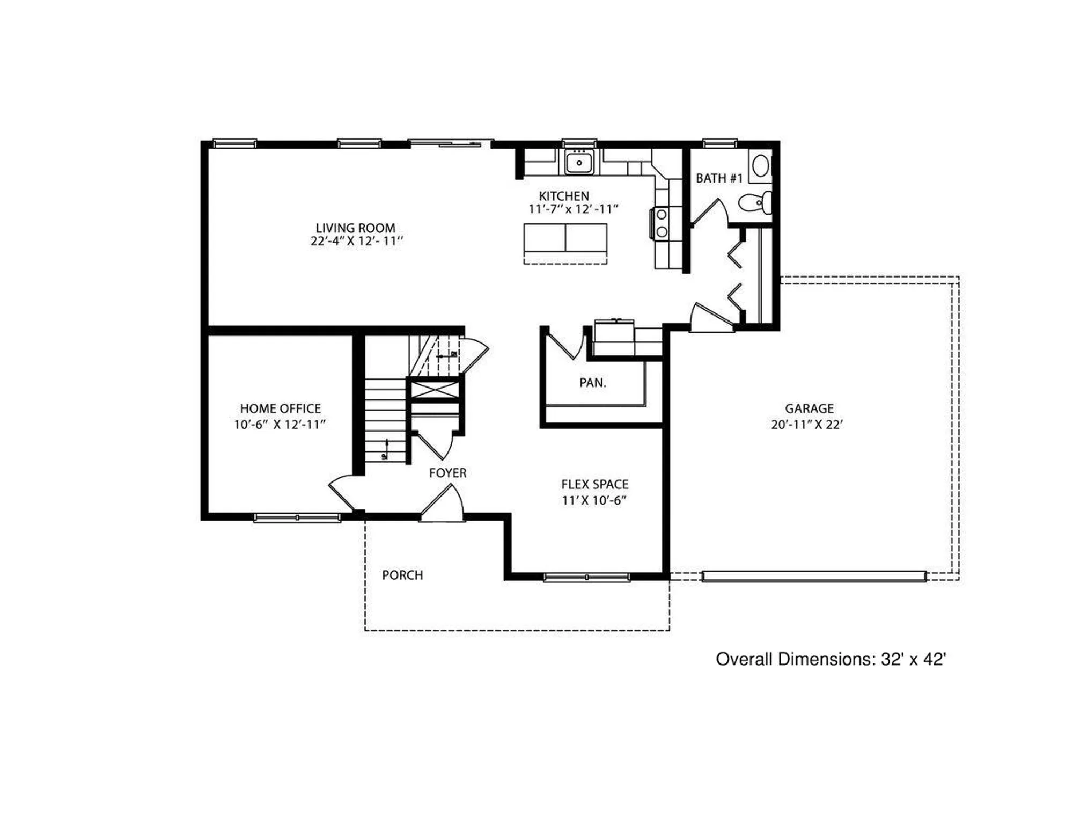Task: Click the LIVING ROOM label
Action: coord(355,228)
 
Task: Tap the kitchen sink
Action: coord(579,162)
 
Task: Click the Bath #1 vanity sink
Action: coord(760,165)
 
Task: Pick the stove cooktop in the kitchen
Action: coord(661,223)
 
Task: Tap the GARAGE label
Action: coord(809,408)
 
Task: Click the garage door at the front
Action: coord(814,577)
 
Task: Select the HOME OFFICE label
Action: coord(280,408)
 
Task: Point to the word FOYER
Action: coord(447,473)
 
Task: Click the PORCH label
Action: coord(402,575)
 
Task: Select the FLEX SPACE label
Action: coord(594,484)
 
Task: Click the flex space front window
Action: coord(586,578)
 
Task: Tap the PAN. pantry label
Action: coord(592,383)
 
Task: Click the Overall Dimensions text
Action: coord(831,659)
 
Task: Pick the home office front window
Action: coord(297,517)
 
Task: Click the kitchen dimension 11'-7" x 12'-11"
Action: coord(573,209)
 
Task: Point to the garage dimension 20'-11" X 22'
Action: coord(807,425)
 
